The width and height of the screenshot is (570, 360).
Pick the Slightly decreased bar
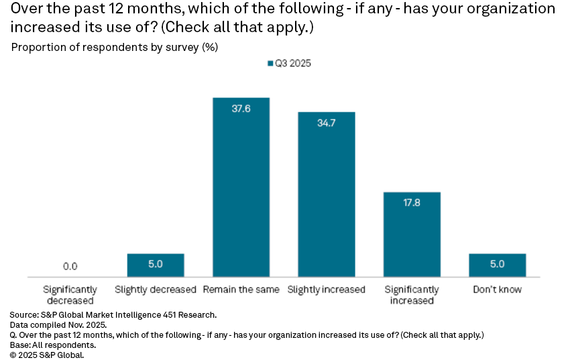click(x=156, y=265)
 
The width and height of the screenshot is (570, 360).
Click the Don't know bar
click(x=497, y=265)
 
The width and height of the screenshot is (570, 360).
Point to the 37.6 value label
click(x=241, y=109)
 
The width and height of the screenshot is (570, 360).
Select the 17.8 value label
click(x=412, y=203)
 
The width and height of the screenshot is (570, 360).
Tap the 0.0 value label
click(x=70, y=266)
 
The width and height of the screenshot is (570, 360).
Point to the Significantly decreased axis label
click(x=70, y=295)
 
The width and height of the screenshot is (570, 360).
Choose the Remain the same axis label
click(x=241, y=290)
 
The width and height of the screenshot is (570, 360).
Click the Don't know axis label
click(x=497, y=290)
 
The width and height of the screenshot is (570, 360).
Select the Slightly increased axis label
click(x=326, y=290)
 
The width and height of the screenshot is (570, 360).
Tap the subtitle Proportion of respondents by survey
click(x=115, y=48)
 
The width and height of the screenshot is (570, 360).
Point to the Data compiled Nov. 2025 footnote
click(x=58, y=324)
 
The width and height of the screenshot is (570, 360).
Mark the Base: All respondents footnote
click(x=52, y=345)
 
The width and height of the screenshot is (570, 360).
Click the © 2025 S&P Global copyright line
click(x=47, y=355)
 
